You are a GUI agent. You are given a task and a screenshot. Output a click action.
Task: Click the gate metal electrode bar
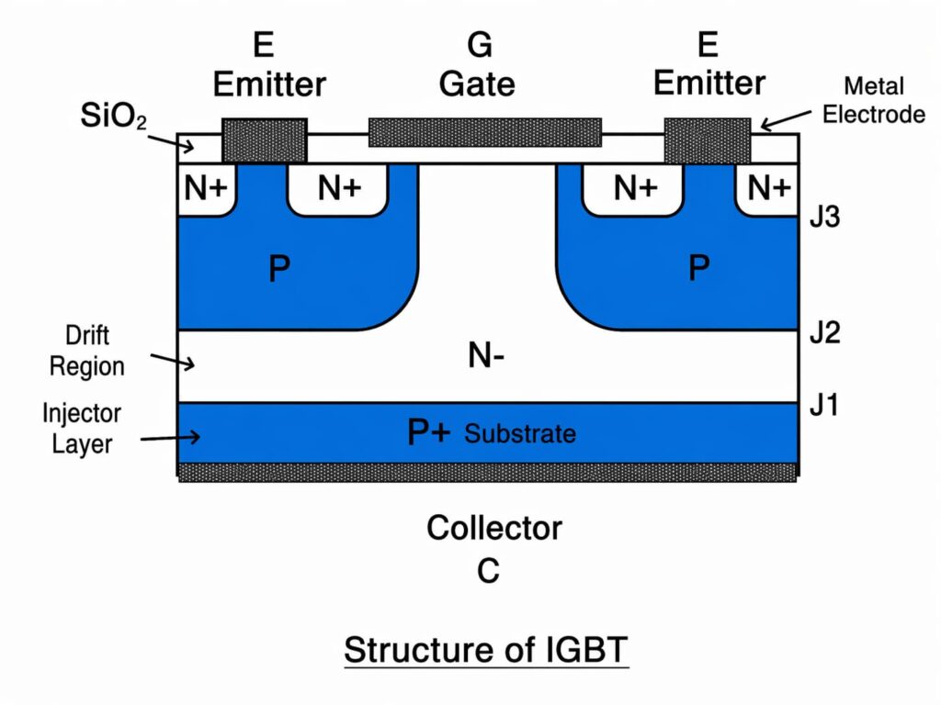click(x=484, y=132)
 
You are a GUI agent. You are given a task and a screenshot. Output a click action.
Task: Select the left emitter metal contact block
click(x=265, y=140)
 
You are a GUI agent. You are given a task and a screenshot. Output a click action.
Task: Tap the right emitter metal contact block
click(x=707, y=140)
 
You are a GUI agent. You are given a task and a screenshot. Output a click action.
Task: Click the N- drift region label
click(x=485, y=356)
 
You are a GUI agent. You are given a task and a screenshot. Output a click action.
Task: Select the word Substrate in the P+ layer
click(x=520, y=433)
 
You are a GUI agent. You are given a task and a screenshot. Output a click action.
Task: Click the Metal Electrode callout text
click(x=872, y=100)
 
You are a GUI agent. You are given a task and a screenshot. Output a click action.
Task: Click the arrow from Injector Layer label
click(x=170, y=438)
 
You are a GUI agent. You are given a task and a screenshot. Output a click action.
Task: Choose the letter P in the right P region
click(x=698, y=268)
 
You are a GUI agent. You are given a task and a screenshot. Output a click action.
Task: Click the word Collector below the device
click(x=493, y=529)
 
